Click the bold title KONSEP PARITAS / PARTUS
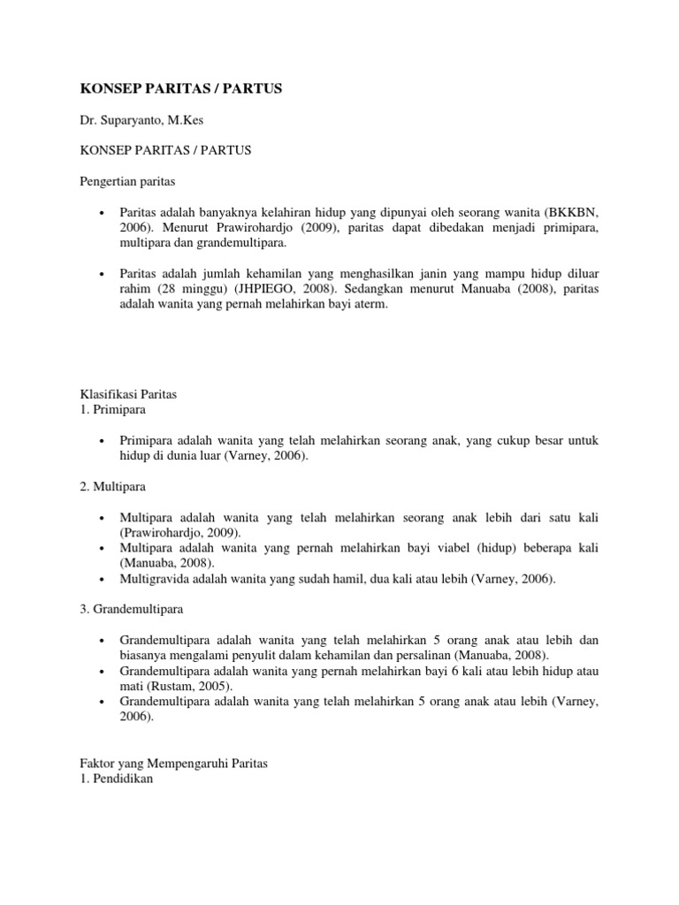181,90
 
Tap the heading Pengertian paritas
127,182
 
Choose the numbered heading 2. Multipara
113,486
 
